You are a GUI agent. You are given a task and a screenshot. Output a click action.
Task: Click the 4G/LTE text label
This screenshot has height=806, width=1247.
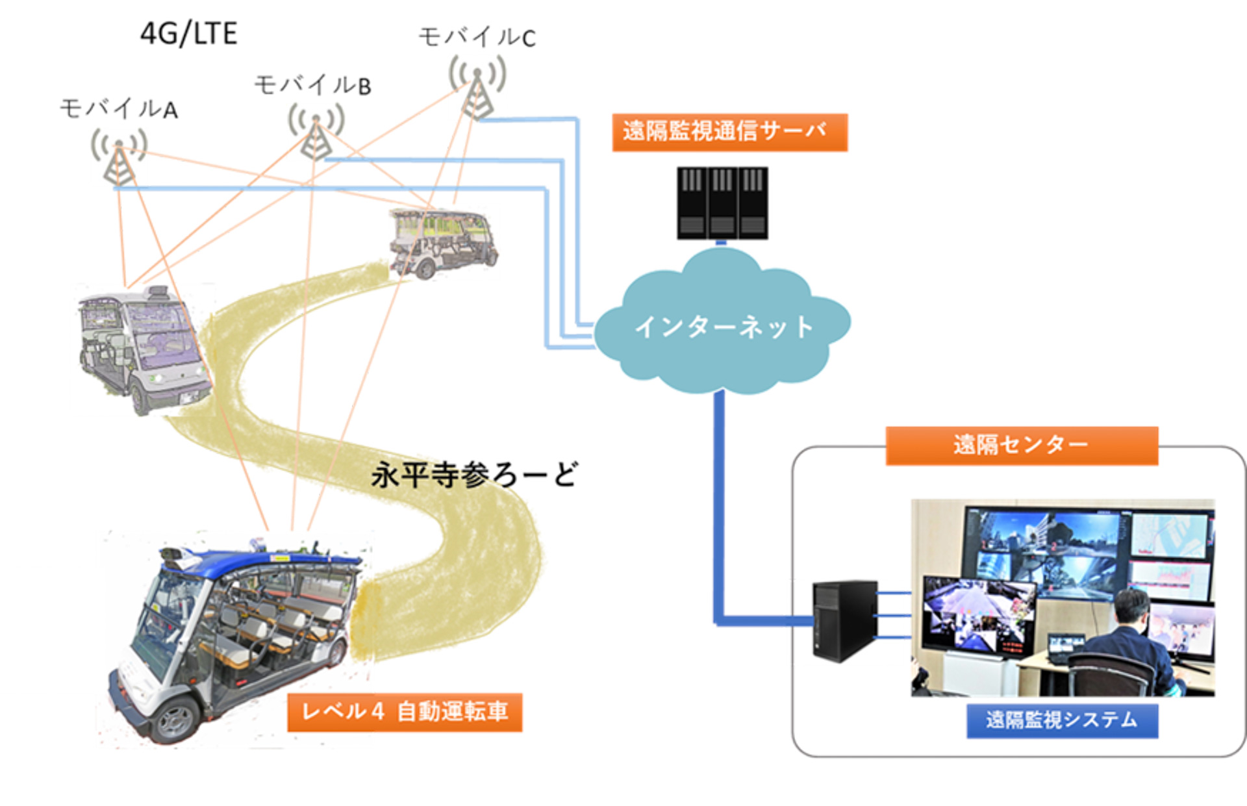pyautogui.click(x=188, y=34)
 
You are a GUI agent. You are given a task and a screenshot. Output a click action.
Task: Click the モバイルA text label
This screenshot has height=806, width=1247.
pyautogui.click(x=118, y=109)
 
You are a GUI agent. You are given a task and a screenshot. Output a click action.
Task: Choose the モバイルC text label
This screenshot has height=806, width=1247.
pyautogui.click(x=477, y=37)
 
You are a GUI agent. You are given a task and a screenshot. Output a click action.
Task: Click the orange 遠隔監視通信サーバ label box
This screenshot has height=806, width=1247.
pyautogui.click(x=729, y=132)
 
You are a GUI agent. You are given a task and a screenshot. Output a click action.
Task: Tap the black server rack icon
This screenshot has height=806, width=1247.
pyautogui.click(x=722, y=203)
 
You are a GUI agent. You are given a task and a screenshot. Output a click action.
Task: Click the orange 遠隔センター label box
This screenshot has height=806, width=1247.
pyautogui.click(x=1021, y=445)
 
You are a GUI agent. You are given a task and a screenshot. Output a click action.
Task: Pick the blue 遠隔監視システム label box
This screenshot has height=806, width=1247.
pyautogui.click(x=1061, y=720)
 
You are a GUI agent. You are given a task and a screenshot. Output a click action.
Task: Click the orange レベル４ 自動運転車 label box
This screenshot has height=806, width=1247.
pyautogui.click(x=405, y=712)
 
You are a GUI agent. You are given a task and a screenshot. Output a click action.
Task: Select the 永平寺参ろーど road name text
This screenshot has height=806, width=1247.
pyautogui.click(x=473, y=475)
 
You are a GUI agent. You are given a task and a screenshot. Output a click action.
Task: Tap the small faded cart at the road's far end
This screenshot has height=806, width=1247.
pyautogui.click(x=442, y=242)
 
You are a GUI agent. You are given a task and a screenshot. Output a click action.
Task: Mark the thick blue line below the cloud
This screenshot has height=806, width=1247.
pyautogui.click(x=719, y=507)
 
